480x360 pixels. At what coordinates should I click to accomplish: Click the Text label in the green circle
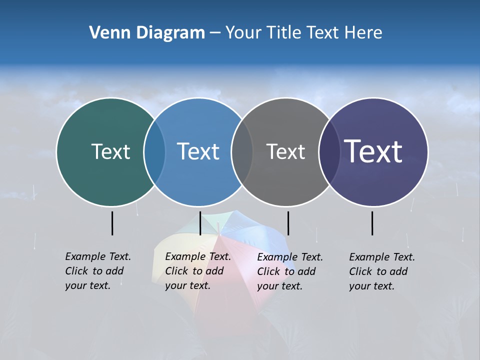110,151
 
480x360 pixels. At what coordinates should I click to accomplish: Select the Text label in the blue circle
198,151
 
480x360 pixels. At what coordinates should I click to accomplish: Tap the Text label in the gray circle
285,151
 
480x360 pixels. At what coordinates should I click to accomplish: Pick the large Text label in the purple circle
373,151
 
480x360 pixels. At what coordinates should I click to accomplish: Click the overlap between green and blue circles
154,151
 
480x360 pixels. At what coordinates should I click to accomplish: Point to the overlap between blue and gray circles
242,151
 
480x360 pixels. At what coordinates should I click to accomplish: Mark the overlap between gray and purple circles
329,151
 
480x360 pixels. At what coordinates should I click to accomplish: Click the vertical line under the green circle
112,223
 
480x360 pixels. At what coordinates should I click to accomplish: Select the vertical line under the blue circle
200,223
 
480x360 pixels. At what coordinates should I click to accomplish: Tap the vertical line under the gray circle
288,223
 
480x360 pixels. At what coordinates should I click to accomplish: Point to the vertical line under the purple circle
372,223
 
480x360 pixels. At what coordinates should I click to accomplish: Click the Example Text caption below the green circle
98,271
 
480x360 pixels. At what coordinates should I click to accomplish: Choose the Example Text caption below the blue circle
198,271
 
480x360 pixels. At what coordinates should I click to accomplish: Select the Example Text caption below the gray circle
290,271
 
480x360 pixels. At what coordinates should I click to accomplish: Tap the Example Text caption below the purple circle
382,271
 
